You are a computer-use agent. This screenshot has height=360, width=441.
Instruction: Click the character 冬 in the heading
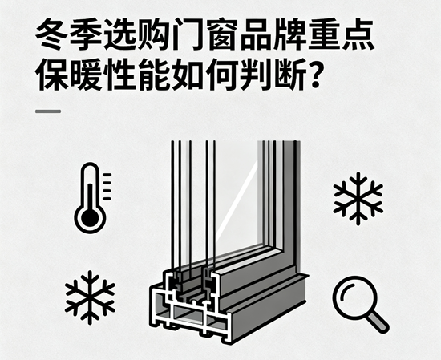tap(52, 34)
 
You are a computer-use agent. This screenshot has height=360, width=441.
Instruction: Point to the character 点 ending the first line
tap(358, 34)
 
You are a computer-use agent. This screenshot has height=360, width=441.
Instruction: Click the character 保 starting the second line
tap(52, 75)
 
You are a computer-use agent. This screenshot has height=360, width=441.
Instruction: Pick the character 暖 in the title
tap(86, 75)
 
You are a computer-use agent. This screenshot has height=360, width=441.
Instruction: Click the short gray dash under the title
tap(48, 111)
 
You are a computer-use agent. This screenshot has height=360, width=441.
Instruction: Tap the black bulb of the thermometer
tap(90, 218)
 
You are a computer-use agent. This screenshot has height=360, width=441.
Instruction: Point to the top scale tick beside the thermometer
tap(107, 175)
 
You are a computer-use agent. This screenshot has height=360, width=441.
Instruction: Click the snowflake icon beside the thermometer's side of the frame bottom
tap(90, 297)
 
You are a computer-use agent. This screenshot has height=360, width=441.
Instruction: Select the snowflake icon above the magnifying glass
tap(358, 198)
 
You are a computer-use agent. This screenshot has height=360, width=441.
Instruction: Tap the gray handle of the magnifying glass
tap(378, 322)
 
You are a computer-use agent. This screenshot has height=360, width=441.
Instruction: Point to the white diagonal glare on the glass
tap(237, 199)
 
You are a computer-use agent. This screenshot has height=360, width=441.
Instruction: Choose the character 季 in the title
tap(86, 34)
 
